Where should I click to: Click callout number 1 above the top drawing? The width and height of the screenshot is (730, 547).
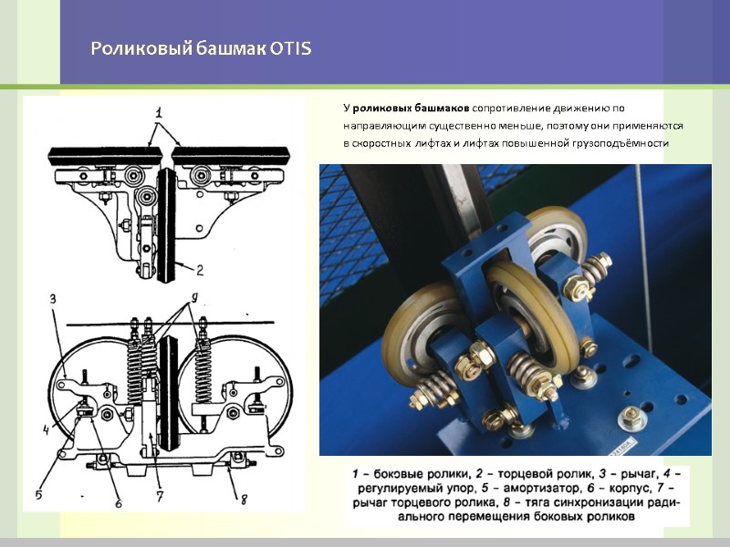158,113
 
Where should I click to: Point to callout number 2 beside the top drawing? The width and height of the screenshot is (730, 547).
200,270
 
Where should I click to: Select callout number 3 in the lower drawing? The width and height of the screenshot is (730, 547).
53,299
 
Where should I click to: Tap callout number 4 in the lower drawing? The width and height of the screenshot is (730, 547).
47,430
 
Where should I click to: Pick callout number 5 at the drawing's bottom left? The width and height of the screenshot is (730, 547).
38,494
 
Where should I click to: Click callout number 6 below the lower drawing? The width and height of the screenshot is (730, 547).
119,503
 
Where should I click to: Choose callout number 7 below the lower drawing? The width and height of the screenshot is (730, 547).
160,497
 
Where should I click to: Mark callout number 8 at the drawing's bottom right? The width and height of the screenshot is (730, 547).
244,500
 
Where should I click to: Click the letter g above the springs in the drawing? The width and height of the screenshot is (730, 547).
194,297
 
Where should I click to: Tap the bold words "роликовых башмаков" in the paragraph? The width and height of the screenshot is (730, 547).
412,108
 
